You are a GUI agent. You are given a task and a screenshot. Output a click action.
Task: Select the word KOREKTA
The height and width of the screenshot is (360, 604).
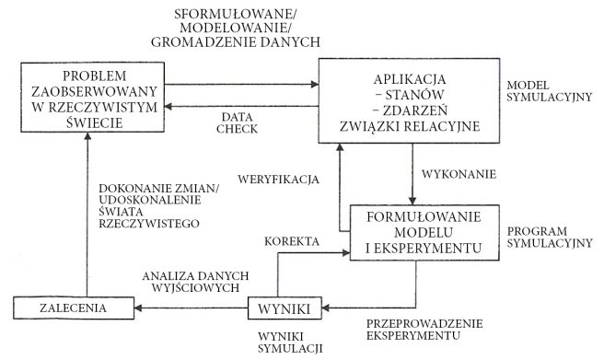point(291,241)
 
